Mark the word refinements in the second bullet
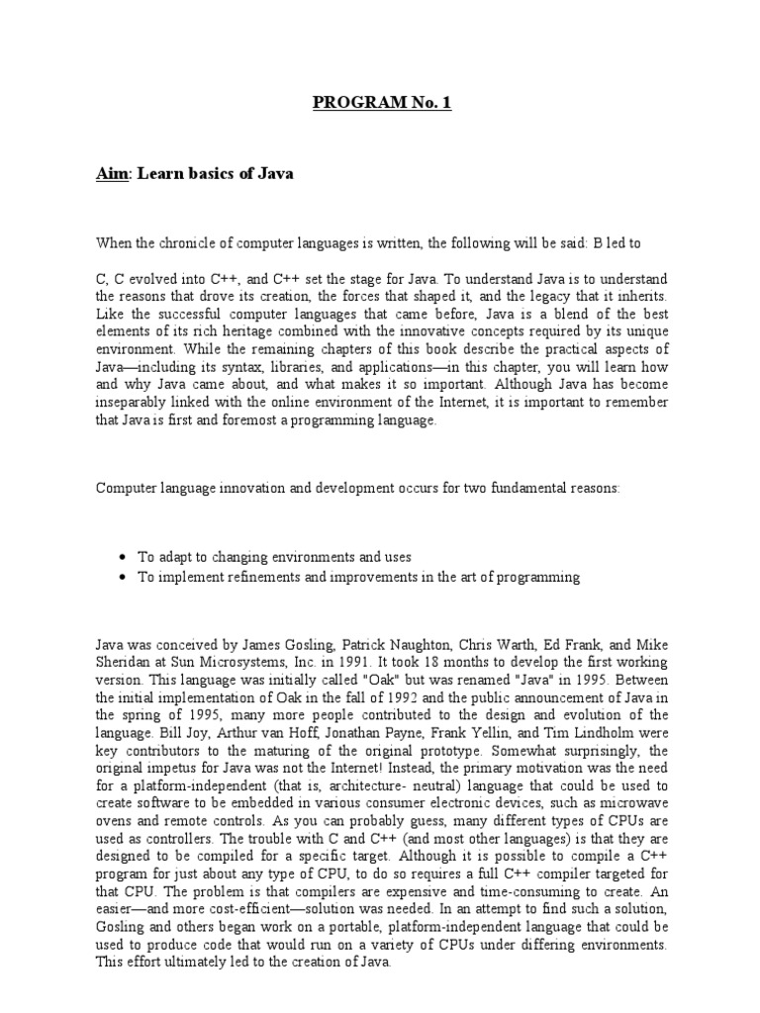tap(249, 577)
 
